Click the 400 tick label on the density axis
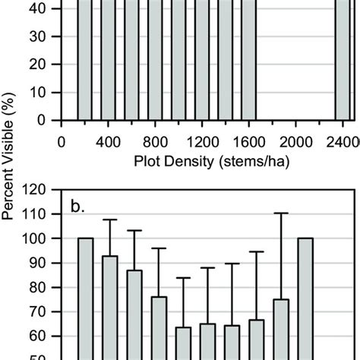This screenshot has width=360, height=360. (x=109, y=141)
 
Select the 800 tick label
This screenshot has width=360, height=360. (x=155, y=141)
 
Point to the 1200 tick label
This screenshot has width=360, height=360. (x=203, y=141)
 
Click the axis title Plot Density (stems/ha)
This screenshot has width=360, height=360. (x=201, y=161)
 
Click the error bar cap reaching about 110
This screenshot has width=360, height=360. (x=280, y=213)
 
